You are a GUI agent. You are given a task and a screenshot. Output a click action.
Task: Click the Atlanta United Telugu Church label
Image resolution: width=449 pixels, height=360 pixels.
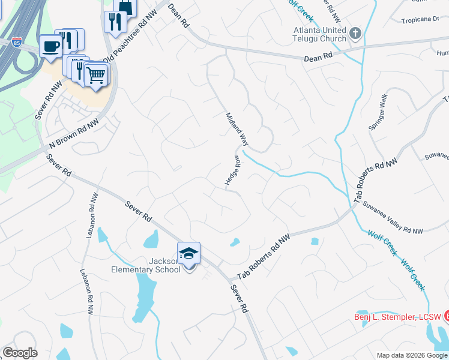tap(319, 34)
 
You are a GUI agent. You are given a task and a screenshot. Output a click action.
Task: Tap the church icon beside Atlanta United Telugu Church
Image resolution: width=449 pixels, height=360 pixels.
tap(355, 32)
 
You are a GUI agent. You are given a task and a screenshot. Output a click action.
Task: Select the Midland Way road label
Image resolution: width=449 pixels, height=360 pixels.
tap(237, 129)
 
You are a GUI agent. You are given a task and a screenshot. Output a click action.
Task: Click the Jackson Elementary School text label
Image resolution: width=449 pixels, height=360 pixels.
tap(154, 265)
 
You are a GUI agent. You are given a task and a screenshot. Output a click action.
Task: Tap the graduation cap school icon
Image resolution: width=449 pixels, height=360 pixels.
tap(188, 253)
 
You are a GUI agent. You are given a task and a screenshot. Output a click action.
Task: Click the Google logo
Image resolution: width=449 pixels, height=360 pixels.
tap(20, 353)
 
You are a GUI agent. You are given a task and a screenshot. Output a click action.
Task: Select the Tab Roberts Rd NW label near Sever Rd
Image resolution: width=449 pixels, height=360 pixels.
tap(264, 257)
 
